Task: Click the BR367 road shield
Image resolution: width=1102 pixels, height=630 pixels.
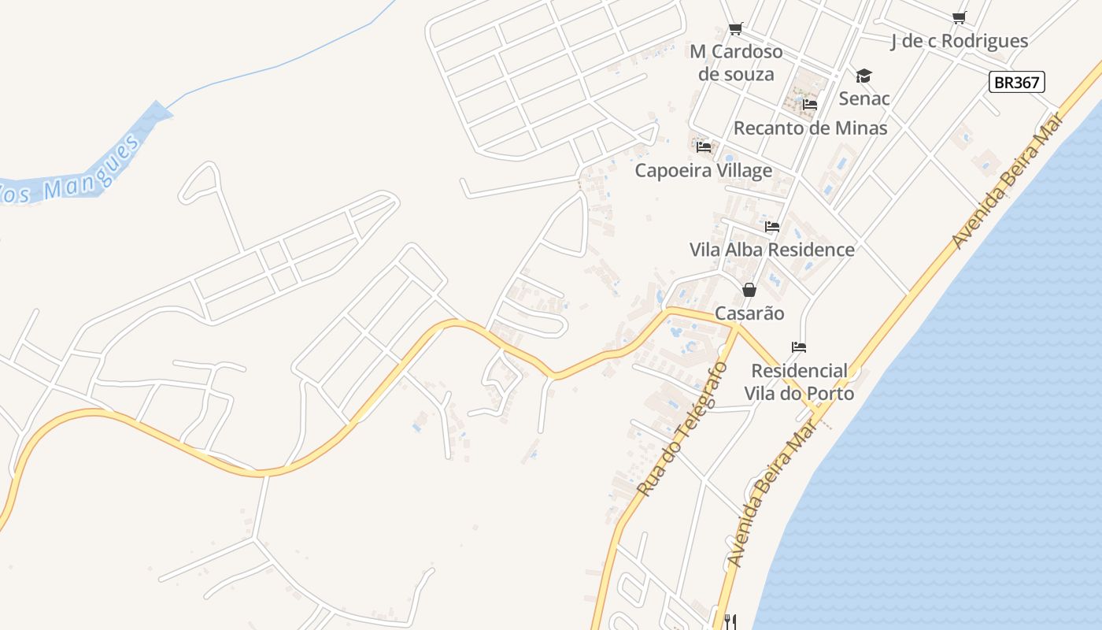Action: coord(1016,82)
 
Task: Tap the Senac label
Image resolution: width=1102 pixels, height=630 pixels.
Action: coord(864,98)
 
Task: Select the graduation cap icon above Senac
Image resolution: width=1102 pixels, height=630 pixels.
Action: coord(864,76)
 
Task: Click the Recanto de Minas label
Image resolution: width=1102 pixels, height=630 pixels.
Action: coord(810,128)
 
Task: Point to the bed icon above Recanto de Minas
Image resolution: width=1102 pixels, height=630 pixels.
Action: coord(810,104)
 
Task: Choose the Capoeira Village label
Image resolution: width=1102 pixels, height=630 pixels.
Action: coord(704,170)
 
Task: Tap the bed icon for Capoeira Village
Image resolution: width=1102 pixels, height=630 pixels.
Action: coord(704,146)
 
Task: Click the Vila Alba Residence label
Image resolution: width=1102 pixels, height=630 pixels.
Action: coord(771,250)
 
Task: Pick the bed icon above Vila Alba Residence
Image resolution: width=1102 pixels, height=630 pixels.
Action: coord(771,227)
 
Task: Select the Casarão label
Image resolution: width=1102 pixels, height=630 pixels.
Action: coord(749,313)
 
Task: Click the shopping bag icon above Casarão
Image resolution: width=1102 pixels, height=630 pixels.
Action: coord(749,290)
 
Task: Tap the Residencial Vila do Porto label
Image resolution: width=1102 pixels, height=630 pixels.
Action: coord(799,381)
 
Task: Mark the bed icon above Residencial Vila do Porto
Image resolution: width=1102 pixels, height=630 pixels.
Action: coord(799,346)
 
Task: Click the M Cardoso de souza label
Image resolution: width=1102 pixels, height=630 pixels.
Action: coord(736,63)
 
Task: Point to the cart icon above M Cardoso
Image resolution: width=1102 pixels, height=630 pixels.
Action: coord(736,29)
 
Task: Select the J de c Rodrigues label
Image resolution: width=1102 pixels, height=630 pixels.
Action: coord(959,41)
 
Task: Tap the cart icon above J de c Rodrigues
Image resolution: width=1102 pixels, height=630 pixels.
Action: coord(959,17)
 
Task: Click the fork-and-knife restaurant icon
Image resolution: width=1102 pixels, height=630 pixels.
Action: coord(730,621)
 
